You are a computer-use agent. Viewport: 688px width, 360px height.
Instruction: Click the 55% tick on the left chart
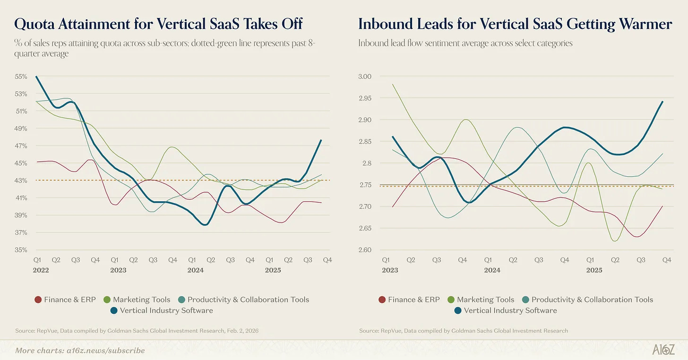point(21,77)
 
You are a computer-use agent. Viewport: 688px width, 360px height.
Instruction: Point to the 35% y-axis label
point(21,250)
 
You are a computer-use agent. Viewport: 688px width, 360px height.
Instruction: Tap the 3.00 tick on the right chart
point(366,77)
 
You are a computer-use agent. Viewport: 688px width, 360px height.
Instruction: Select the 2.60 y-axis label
point(366,250)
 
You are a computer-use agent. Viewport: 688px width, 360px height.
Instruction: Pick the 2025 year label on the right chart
point(594,270)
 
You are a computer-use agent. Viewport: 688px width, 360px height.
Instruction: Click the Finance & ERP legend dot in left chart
point(38,300)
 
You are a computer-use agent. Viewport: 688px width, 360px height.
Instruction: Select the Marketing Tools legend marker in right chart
point(451,300)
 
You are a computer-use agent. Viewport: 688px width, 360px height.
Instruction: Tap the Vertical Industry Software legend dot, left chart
point(114,311)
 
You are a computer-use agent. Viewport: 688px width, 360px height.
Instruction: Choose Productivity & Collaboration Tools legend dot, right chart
point(525,300)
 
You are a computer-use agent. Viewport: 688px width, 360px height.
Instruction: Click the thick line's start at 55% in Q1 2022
point(36,77)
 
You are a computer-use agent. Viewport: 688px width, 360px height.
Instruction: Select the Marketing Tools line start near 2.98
point(393,85)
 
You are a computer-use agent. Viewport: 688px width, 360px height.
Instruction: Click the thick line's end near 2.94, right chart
point(662,102)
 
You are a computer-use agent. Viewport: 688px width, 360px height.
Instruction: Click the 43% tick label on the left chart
point(21,180)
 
